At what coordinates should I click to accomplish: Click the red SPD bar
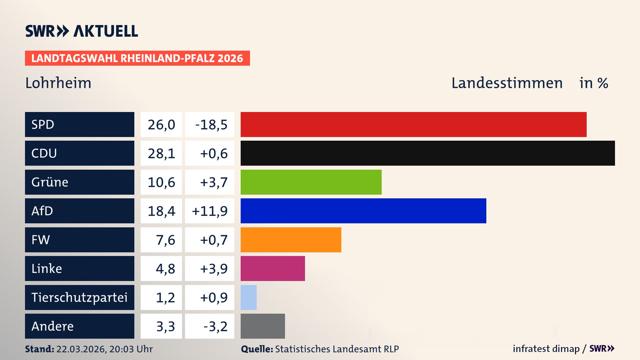[413, 124]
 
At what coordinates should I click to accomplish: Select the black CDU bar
[428, 153]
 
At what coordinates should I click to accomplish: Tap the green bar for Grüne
[311, 182]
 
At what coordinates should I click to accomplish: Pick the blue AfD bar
[363, 211]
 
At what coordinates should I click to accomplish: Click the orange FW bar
[291, 240]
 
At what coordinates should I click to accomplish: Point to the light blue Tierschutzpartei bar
[249, 297]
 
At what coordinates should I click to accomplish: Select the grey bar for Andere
[263, 326]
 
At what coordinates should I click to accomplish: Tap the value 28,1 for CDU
[161, 153]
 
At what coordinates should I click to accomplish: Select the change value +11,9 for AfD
[210, 211]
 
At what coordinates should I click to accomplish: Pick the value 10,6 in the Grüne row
[161, 182]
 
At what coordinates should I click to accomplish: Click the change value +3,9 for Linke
[213, 269]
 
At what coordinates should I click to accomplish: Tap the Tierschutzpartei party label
[79, 297]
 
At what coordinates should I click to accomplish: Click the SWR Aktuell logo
[81, 31]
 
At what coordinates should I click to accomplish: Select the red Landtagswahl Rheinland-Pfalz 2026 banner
[137, 58]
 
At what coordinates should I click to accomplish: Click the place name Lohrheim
[58, 83]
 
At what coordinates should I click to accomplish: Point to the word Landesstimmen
[507, 83]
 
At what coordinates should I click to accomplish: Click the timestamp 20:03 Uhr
[131, 349]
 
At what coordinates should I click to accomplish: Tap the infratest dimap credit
[546, 349]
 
